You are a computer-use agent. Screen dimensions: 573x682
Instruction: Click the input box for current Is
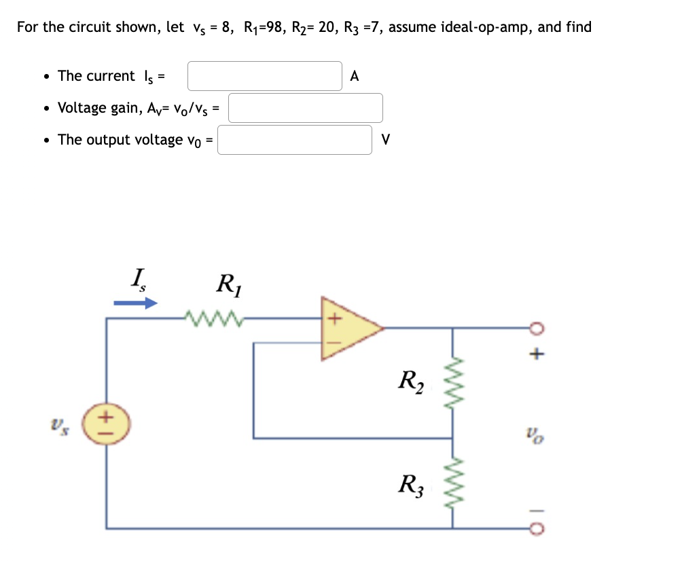[x=264, y=76]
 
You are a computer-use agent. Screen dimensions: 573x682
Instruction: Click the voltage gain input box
[x=305, y=108]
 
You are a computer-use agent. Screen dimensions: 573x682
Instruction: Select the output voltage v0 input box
[x=295, y=140]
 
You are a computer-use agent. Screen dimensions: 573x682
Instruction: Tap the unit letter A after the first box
[x=354, y=76]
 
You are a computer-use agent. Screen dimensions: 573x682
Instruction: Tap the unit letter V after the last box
[x=386, y=140]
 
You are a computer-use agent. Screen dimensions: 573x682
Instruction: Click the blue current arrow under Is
[x=135, y=303]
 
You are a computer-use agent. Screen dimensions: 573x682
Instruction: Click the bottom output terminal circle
[x=537, y=528]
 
